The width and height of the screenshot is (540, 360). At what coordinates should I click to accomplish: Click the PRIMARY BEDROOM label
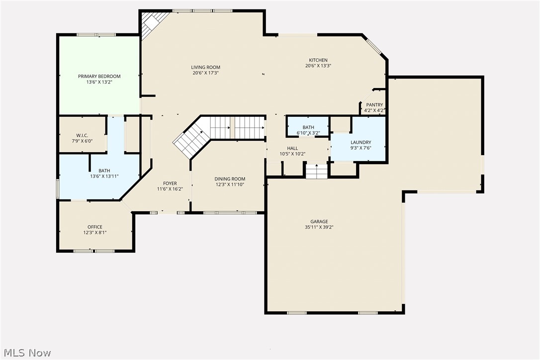pyautogui.click(x=99, y=76)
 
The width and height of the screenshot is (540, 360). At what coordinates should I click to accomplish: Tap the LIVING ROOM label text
pyautogui.click(x=205, y=67)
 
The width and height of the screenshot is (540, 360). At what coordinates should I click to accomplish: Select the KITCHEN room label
pyautogui.click(x=318, y=60)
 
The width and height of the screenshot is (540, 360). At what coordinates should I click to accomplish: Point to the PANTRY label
pyautogui.click(x=374, y=104)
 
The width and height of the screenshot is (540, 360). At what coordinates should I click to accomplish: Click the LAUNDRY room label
pyautogui.click(x=360, y=142)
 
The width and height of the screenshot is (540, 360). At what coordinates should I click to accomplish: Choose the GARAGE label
pyautogui.click(x=319, y=222)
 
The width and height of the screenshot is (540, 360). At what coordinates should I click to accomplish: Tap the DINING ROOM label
pyautogui.click(x=230, y=179)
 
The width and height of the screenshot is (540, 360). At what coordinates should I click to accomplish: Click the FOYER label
pyautogui.click(x=170, y=183)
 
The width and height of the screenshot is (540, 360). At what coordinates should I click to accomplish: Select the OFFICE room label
pyautogui.click(x=94, y=227)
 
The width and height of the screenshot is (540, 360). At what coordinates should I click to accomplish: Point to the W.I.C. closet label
pyautogui.click(x=82, y=135)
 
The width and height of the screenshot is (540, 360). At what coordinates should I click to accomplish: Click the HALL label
pyautogui.click(x=292, y=148)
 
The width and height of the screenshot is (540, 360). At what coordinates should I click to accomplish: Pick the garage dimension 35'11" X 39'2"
pyautogui.click(x=319, y=227)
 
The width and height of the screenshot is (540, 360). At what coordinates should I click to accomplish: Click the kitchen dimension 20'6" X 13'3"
pyautogui.click(x=318, y=66)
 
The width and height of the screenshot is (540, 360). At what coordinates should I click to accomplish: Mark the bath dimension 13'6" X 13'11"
pyautogui.click(x=104, y=176)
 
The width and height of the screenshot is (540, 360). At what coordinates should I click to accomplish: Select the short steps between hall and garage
pyautogui.click(x=316, y=172)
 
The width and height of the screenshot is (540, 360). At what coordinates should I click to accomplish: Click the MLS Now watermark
pyautogui.click(x=26, y=353)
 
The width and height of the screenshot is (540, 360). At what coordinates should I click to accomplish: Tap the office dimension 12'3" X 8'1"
pyautogui.click(x=94, y=232)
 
